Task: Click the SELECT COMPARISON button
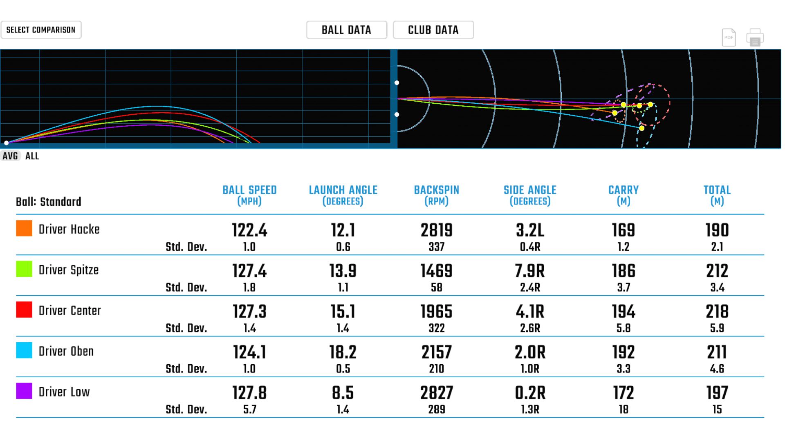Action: click(x=41, y=30)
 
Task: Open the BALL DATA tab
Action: click(x=346, y=30)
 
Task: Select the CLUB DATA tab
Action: click(x=433, y=30)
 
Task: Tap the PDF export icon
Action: click(x=729, y=38)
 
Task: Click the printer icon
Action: click(x=755, y=38)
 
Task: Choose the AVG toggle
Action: click(x=10, y=156)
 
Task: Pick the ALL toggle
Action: click(x=32, y=156)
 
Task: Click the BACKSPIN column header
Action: click(x=436, y=195)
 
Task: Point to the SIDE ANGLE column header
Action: click(x=530, y=195)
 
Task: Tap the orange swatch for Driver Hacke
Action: click(x=24, y=229)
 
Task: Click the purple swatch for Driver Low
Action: click(x=24, y=391)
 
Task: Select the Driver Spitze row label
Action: click(x=69, y=270)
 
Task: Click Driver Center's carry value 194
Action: click(x=623, y=312)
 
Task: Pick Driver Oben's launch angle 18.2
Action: click(x=343, y=352)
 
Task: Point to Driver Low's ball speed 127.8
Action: click(x=249, y=393)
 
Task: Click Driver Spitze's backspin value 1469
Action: click(x=436, y=271)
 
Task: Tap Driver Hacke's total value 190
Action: click(x=717, y=230)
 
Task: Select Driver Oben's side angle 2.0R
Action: click(x=530, y=352)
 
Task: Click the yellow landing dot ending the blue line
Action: click(x=641, y=128)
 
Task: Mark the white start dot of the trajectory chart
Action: click(x=6, y=143)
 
